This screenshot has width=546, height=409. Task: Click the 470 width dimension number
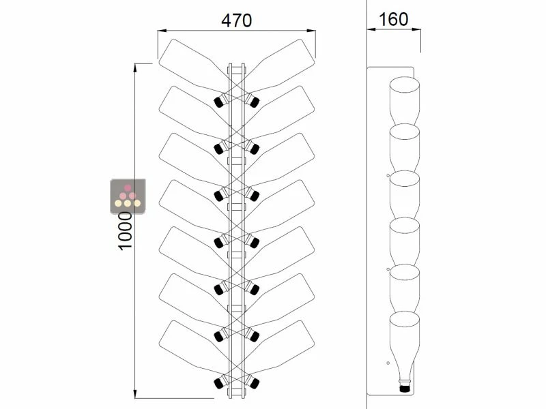pos(236,20)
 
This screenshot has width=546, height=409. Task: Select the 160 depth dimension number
pos(393,18)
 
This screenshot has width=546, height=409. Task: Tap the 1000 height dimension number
pos(125,230)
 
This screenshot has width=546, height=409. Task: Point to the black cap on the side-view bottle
pos(404,388)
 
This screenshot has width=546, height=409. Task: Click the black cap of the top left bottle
pos(220,102)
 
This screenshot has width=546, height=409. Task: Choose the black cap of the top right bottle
pos(253,102)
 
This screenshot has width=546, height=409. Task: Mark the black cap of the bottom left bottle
pos(220,383)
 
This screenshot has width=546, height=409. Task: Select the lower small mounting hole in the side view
pos(388,362)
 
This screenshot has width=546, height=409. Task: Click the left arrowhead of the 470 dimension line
pos(161,30)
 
